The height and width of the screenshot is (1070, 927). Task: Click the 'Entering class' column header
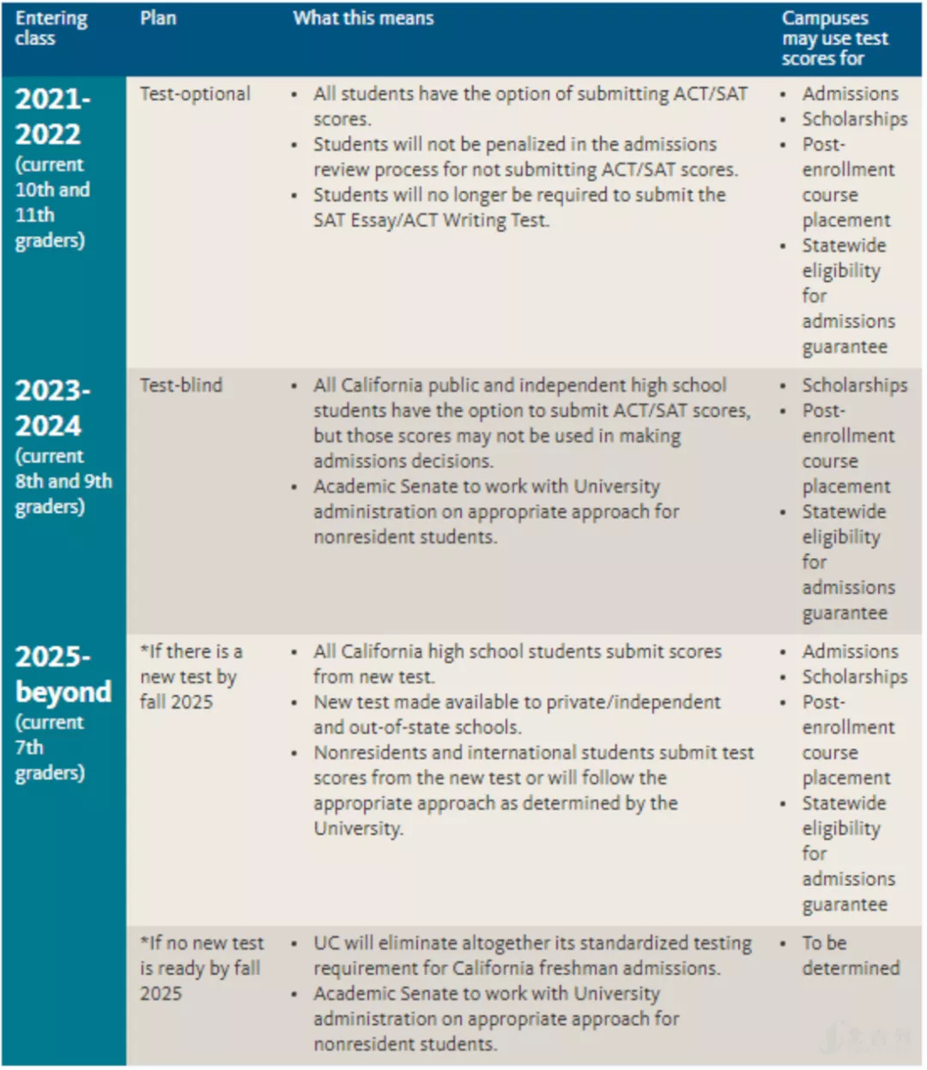pyautogui.click(x=51, y=28)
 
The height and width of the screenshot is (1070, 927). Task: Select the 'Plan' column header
pyautogui.click(x=158, y=18)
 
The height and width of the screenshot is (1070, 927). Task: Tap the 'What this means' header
pyautogui.click(x=363, y=18)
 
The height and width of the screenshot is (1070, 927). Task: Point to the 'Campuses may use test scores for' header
pyautogui.click(x=834, y=39)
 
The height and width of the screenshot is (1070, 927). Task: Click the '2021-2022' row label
pyautogui.click(x=52, y=117)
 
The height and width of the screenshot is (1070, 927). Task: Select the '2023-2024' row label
pyautogui.click(x=52, y=408)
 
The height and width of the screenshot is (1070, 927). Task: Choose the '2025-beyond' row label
pyautogui.click(x=63, y=674)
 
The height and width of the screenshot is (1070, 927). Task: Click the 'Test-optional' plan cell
pyautogui.click(x=195, y=94)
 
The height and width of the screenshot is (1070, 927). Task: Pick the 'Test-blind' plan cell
pyautogui.click(x=181, y=385)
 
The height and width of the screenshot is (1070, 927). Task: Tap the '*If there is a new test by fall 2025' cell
pyautogui.click(x=191, y=676)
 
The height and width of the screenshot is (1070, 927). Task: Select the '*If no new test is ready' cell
pyautogui.click(x=202, y=968)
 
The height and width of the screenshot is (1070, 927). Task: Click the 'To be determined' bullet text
pyautogui.click(x=850, y=955)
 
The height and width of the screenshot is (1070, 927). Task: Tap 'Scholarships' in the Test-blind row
pyautogui.click(x=854, y=385)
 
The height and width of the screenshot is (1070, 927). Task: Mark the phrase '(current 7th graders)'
pyautogui.click(x=50, y=747)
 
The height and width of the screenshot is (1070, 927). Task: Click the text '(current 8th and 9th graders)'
pyautogui.click(x=63, y=481)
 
